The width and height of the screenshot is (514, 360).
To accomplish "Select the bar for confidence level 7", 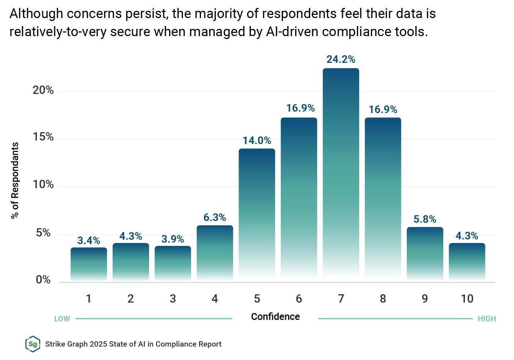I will click(x=341, y=173).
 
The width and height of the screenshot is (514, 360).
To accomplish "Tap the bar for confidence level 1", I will click(x=88, y=264).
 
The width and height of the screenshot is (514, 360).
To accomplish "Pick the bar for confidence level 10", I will click(x=467, y=261).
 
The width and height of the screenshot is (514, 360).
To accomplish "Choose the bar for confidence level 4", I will click(x=215, y=252).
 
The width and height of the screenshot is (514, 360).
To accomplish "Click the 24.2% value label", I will click(x=341, y=59).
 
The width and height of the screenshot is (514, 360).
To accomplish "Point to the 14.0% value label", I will click(x=257, y=140).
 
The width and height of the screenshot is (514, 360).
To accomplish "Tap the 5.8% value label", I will click(x=425, y=219).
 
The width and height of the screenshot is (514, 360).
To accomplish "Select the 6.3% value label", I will click(x=215, y=217).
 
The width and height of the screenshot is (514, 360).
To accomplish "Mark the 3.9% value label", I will click(x=173, y=239).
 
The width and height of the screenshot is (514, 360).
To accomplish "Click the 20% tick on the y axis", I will click(x=43, y=90).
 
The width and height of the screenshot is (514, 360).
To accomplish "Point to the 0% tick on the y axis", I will click(x=43, y=280).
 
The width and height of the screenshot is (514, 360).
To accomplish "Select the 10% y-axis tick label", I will click(x=43, y=185).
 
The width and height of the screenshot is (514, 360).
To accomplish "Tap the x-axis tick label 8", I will click(x=383, y=299).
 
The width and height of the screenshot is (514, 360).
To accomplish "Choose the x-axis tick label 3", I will click(x=173, y=299).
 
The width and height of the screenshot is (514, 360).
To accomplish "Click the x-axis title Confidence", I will click(x=275, y=317).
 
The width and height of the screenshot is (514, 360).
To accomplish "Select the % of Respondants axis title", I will click(x=15, y=180).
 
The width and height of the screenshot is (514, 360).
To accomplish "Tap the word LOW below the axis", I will click(x=62, y=319).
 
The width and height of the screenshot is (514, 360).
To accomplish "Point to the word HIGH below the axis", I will click(x=487, y=319).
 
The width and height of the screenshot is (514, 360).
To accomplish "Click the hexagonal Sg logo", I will click(x=32, y=344).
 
